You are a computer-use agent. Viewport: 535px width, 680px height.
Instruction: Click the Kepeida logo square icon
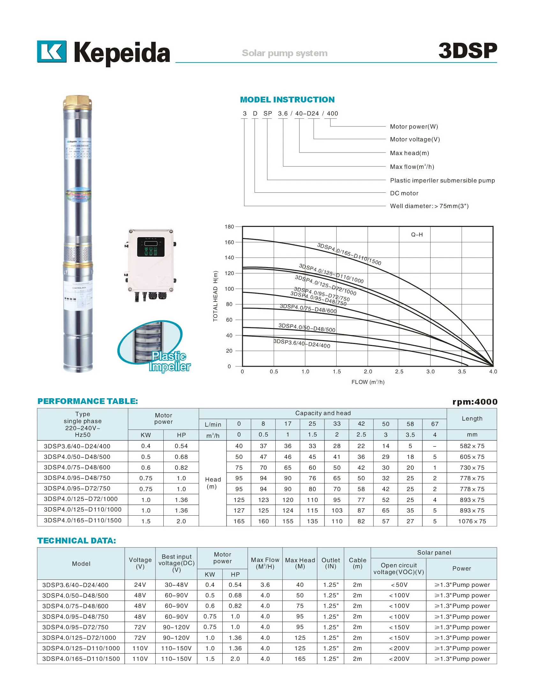click(52, 51)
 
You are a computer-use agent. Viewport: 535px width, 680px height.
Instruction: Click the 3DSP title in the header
click(467, 51)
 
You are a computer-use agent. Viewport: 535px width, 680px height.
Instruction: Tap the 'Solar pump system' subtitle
click(285, 53)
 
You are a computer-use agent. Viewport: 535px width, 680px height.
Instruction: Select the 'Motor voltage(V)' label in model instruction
click(415, 139)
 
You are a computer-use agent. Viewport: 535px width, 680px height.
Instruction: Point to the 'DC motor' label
click(404, 193)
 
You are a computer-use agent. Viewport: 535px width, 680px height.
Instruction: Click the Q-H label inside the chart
click(417, 235)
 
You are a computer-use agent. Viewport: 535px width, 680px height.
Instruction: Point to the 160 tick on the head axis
click(229, 243)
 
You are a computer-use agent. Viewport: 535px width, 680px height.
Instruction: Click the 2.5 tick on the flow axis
click(399, 372)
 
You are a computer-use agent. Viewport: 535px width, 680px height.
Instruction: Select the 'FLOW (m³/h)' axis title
click(368, 382)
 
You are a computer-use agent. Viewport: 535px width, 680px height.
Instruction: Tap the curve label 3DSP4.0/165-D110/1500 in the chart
click(349, 254)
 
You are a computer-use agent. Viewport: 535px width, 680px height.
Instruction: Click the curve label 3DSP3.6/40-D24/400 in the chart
click(302, 344)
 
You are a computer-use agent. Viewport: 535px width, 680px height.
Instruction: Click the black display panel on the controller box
click(151, 247)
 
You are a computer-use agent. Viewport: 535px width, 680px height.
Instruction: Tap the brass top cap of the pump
click(78, 102)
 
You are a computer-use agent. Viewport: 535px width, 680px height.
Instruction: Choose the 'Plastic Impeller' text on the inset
click(170, 361)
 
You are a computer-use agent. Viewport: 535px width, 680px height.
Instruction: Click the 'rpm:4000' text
click(475, 402)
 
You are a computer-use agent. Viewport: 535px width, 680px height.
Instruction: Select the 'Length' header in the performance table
click(472, 419)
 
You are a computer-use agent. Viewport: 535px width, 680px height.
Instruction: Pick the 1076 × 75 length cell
click(472, 521)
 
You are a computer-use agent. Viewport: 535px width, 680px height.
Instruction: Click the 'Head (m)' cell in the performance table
click(212, 483)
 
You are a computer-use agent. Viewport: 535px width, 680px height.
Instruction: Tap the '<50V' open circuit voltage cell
click(399, 585)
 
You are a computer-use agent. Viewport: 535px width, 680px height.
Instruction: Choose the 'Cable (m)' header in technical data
click(357, 563)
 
